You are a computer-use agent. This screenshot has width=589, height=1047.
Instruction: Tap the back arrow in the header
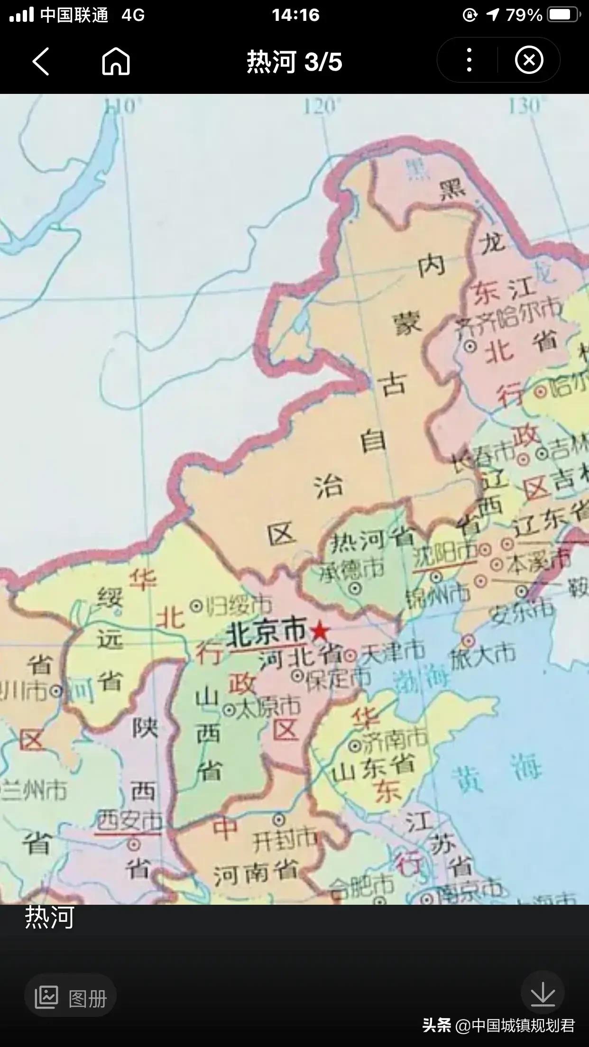[x=41, y=61]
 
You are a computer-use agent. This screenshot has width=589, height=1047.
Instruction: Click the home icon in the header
[x=116, y=61]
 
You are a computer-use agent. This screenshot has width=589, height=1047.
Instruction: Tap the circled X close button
[x=529, y=60]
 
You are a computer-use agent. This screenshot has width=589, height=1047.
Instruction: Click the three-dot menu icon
[x=469, y=60]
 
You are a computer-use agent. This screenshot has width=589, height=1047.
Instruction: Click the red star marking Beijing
[x=320, y=631]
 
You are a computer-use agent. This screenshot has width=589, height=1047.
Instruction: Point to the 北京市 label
[x=267, y=633]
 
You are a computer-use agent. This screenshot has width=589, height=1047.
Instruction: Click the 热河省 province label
[x=372, y=540]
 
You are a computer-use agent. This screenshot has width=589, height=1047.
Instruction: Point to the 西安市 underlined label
[x=129, y=821]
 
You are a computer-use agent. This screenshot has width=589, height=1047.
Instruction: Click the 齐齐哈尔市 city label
[x=507, y=318]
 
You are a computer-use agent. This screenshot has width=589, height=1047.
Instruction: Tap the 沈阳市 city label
[x=444, y=553]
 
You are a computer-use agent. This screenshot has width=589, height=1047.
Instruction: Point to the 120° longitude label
[x=322, y=106]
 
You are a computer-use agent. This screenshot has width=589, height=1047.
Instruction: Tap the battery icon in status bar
[x=563, y=15]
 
